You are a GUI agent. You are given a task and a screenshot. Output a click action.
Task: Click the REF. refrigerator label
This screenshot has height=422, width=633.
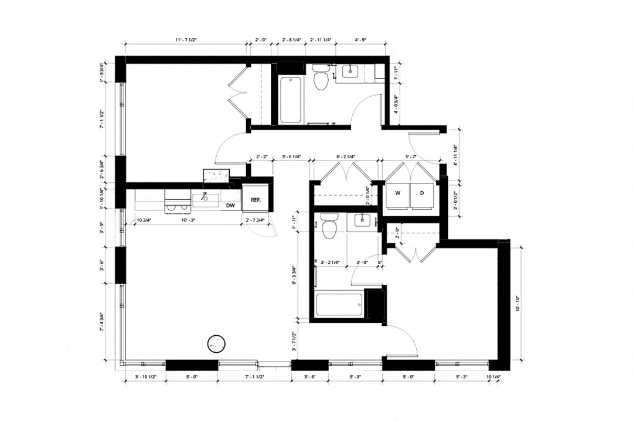256,200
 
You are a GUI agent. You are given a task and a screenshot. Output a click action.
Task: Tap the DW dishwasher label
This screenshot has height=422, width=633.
230,206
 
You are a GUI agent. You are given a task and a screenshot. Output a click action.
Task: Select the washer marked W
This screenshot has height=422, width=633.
397,193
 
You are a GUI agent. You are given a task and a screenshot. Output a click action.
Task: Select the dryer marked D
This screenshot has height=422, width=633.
422,193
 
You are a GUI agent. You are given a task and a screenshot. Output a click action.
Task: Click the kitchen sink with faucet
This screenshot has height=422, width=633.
206,198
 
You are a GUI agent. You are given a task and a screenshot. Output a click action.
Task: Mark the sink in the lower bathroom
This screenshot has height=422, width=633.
362,221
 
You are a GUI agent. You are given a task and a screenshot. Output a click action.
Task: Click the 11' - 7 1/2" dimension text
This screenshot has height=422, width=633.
186,40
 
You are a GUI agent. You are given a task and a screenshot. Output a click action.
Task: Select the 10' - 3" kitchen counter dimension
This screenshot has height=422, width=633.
188,220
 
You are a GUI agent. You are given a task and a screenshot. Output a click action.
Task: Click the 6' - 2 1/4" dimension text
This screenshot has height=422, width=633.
346,158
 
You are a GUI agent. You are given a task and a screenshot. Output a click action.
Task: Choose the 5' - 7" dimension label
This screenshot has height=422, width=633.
411,158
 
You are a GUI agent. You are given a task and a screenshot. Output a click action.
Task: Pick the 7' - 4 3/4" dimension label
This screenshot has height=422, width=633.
103,321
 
